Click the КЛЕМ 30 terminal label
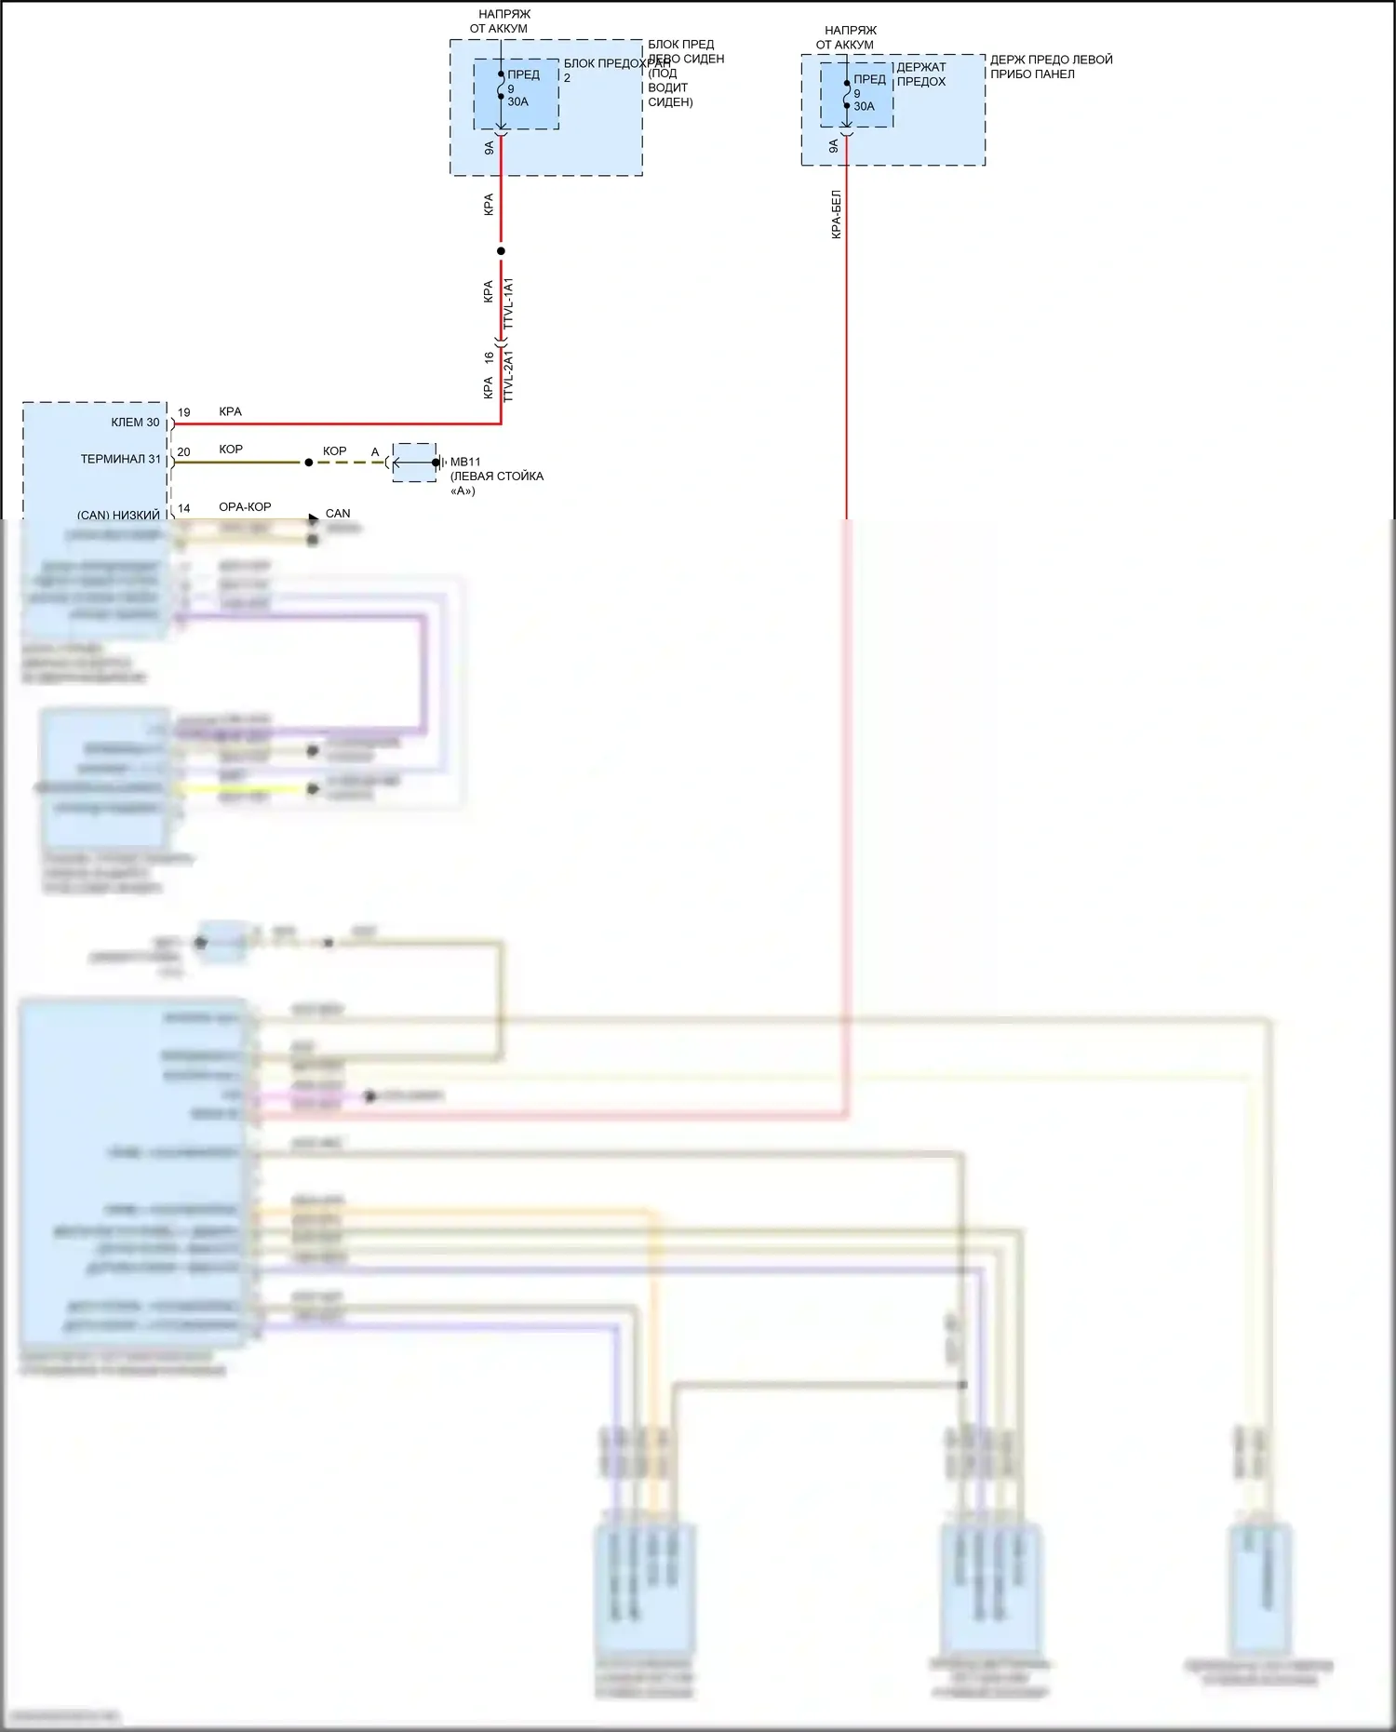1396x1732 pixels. click(x=135, y=423)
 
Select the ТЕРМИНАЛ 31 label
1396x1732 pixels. click(x=121, y=459)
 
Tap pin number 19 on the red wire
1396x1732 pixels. click(x=184, y=412)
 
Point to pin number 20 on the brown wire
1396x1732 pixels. click(x=184, y=452)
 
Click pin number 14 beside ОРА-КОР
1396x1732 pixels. click(x=184, y=508)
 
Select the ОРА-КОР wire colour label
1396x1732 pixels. click(x=245, y=507)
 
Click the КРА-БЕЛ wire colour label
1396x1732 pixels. click(x=836, y=215)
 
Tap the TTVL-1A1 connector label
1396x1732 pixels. click(x=508, y=302)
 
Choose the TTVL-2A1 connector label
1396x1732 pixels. click(x=508, y=377)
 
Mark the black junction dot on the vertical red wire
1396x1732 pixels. click(x=501, y=251)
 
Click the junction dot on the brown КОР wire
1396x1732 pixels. click(x=309, y=463)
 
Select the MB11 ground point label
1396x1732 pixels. click(x=465, y=462)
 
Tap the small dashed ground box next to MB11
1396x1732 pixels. click(x=414, y=463)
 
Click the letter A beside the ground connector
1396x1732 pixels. click(x=375, y=452)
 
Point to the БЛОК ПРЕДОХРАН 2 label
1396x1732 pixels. click(x=616, y=64)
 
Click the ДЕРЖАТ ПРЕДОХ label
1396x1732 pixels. click(x=921, y=74)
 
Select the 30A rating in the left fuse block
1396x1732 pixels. click(x=517, y=101)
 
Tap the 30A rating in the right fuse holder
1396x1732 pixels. click(x=864, y=106)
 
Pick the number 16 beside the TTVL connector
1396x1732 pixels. click(x=489, y=357)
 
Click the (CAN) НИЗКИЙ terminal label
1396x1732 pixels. click(x=118, y=515)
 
